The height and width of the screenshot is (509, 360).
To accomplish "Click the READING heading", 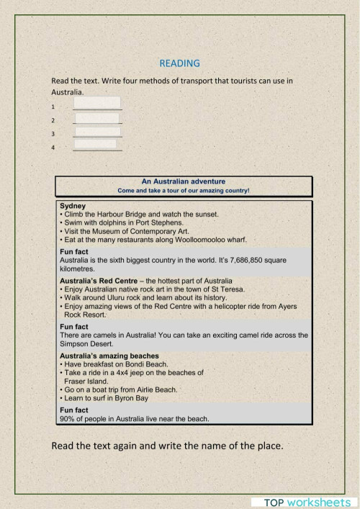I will (180, 63).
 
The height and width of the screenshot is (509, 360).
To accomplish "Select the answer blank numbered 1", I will (97, 104).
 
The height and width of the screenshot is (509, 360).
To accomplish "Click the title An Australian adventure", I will (183, 181).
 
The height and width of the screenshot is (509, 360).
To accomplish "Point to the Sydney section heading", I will (73, 206).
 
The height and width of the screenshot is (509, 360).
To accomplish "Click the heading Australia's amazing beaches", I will (109, 356).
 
